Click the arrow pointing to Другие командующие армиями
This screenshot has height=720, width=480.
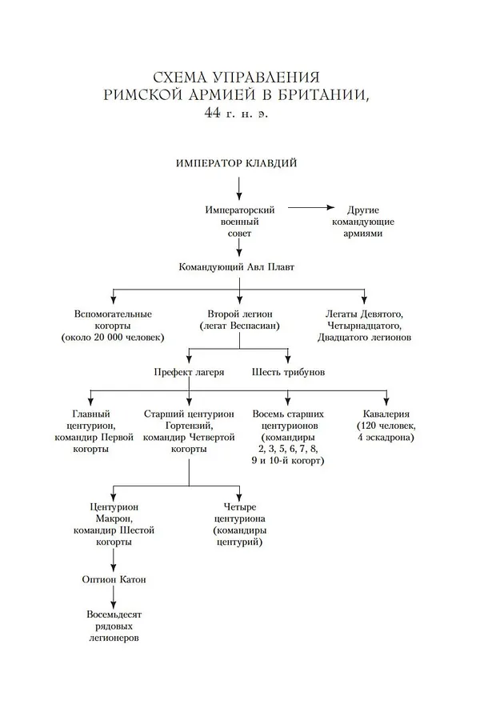coord(313,207)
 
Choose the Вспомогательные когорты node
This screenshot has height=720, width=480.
coord(113,326)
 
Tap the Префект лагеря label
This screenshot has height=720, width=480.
coord(189,372)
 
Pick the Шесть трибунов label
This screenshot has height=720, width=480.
coord(288,372)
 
